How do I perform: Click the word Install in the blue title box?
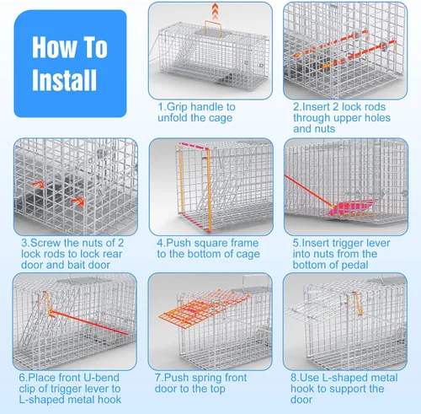click(64, 80)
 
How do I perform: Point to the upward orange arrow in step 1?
click(215, 11)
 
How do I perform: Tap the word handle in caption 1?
click(207, 107)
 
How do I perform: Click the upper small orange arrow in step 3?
click(39, 185)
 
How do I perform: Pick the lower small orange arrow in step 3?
click(77, 202)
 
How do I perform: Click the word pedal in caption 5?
click(356, 265)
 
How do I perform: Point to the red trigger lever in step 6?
click(89, 323)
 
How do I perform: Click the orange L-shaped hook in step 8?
click(357, 304)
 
